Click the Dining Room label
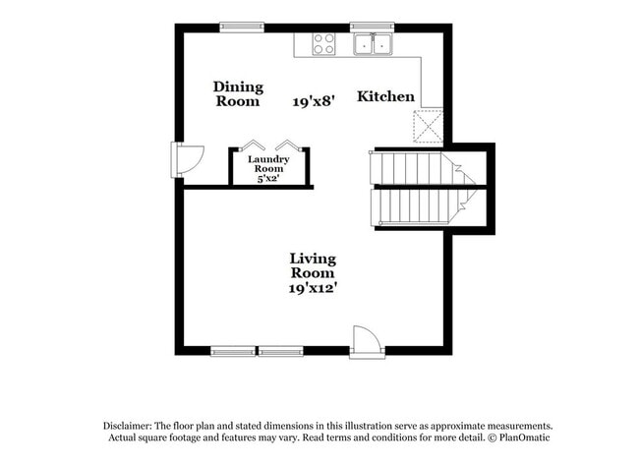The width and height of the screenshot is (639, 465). pos(237,93)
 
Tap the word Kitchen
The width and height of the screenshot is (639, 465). pos(384,96)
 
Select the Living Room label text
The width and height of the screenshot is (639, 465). pos(313,266)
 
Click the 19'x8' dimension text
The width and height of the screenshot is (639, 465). pos(314,100)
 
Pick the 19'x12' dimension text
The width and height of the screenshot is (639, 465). pos(313,289)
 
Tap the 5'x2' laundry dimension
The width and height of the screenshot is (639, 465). pos(267,179)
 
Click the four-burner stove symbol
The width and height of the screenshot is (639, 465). pos(323,43)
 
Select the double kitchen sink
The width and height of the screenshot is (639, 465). pos(374,44)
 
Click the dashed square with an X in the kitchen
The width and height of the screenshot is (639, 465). pos(430,126)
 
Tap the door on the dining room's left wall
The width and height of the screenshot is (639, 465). pos(186,158)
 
